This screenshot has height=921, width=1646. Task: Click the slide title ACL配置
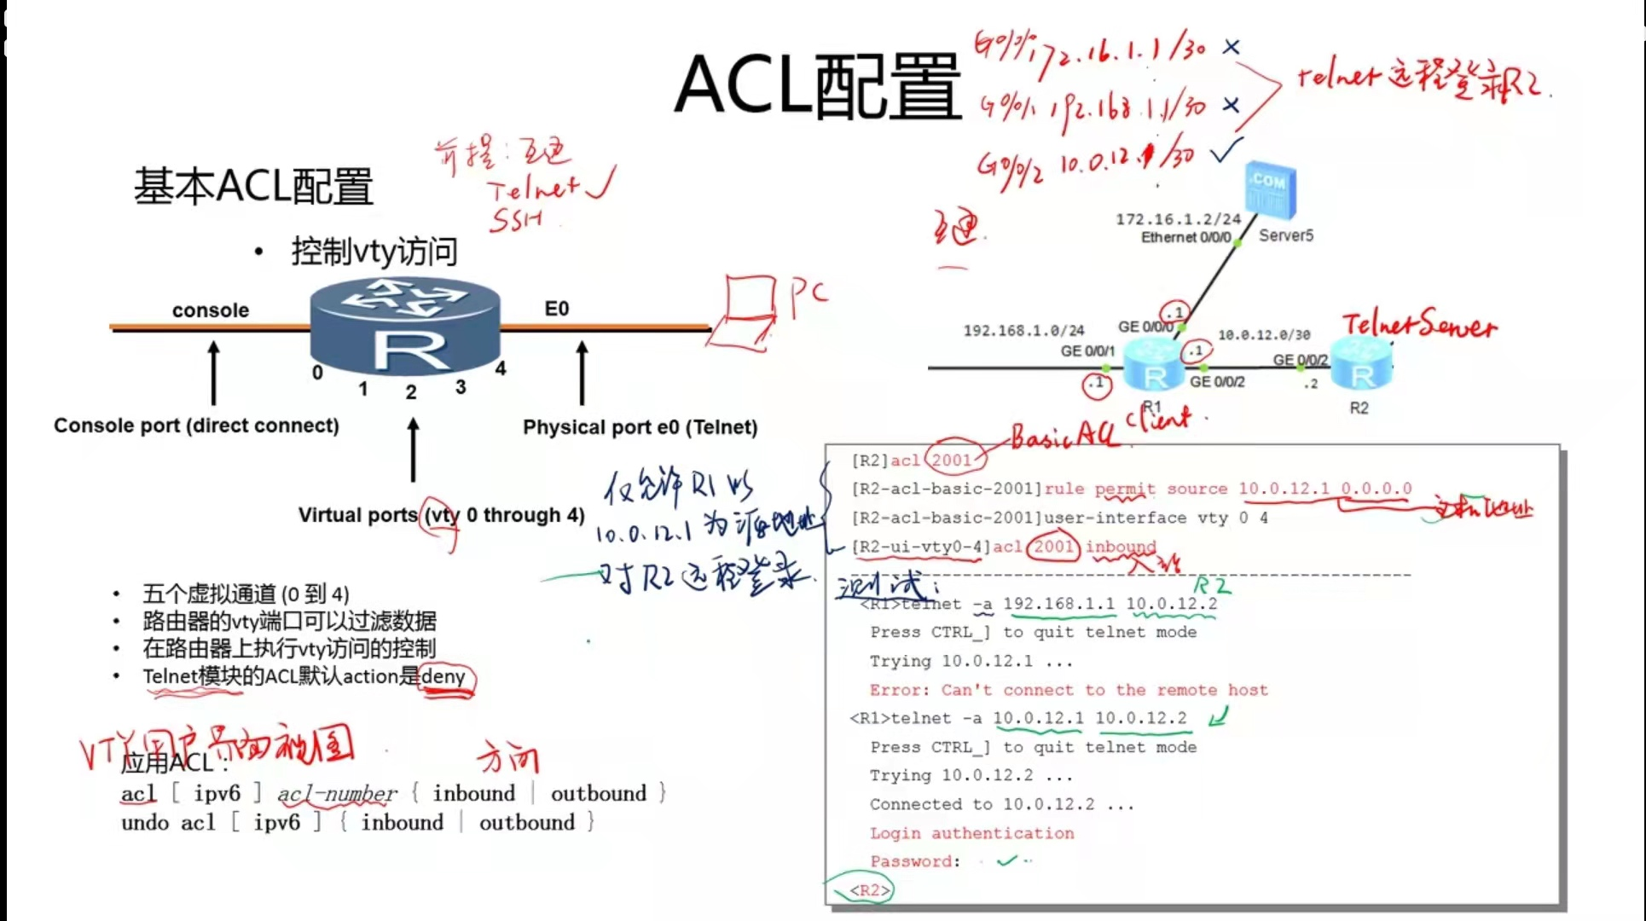click(x=817, y=85)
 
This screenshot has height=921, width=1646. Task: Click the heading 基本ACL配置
click(x=253, y=186)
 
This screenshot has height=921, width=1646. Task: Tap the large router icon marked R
click(x=405, y=328)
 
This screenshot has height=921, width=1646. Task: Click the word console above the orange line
click(x=210, y=310)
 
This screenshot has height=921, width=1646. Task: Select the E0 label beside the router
click(x=556, y=309)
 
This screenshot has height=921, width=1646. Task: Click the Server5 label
click(x=1285, y=235)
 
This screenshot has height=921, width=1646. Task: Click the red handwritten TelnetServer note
click(x=1419, y=326)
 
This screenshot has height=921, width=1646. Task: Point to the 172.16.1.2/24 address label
click(x=1178, y=219)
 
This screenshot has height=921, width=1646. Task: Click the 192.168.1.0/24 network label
click(x=1023, y=330)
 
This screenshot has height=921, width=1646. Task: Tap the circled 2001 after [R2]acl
click(x=953, y=460)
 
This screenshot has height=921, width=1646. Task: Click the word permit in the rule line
click(x=1124, y=489)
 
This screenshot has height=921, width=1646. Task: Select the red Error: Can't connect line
click(x=1068, y=690)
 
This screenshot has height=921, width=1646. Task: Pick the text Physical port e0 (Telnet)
click(x=640, y=427)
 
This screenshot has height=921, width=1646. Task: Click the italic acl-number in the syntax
click(x=337, y=794)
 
